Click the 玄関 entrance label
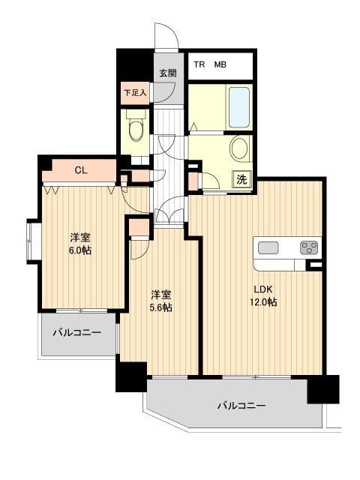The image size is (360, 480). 167,73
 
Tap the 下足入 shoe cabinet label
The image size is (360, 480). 135,93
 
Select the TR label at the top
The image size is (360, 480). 199,64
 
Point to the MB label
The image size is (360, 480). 221,64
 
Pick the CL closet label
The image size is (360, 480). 81,171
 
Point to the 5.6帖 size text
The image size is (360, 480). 160,307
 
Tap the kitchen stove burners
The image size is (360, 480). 309,247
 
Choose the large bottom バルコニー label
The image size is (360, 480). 241,406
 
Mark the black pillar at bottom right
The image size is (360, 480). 323,390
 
